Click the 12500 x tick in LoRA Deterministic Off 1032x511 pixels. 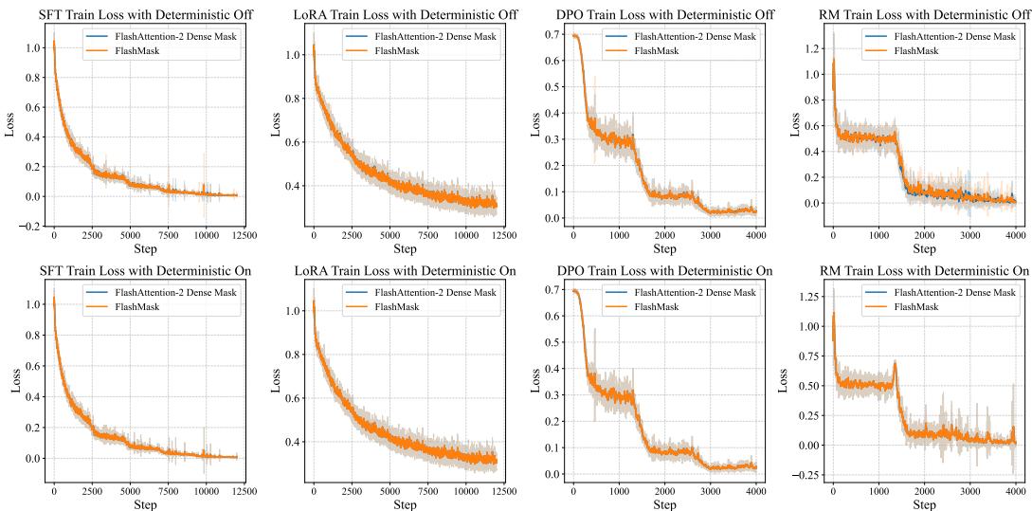coord(490,234)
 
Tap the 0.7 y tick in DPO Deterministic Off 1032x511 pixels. coord(552,34)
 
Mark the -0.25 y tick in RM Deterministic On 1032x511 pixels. coord(807,475)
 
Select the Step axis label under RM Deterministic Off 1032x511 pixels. coord(924,248)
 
